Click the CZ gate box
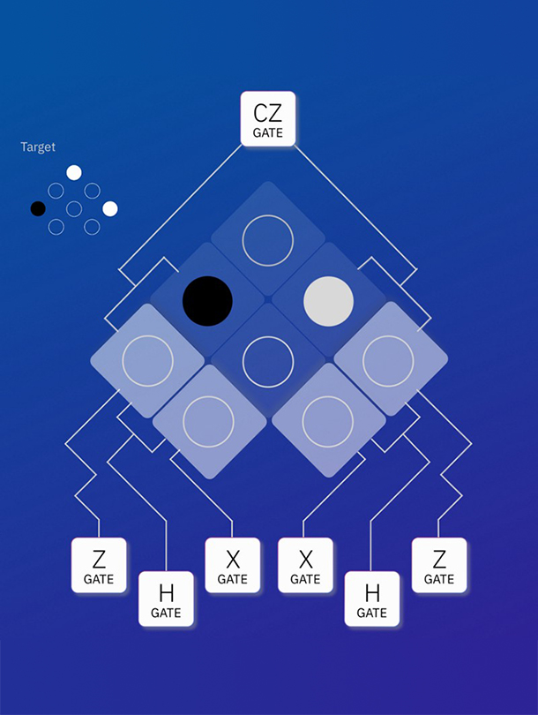[268, 119]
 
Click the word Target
[38, 147]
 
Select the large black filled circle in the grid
[207, 301]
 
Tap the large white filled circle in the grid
[329, 301]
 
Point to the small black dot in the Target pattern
[38, 208]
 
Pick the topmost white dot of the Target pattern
[74, 173]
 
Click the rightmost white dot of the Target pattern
[110, 208]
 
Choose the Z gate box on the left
[99, 565]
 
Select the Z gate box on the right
[439, 565]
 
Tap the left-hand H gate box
[166, 598]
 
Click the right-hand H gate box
[372, 598]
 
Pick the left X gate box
[233, 565]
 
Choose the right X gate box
[305, 565]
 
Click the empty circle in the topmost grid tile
[267, 240]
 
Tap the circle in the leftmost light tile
[147, 360]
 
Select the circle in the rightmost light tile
[389, 360]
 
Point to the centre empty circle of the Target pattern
[74, 208]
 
